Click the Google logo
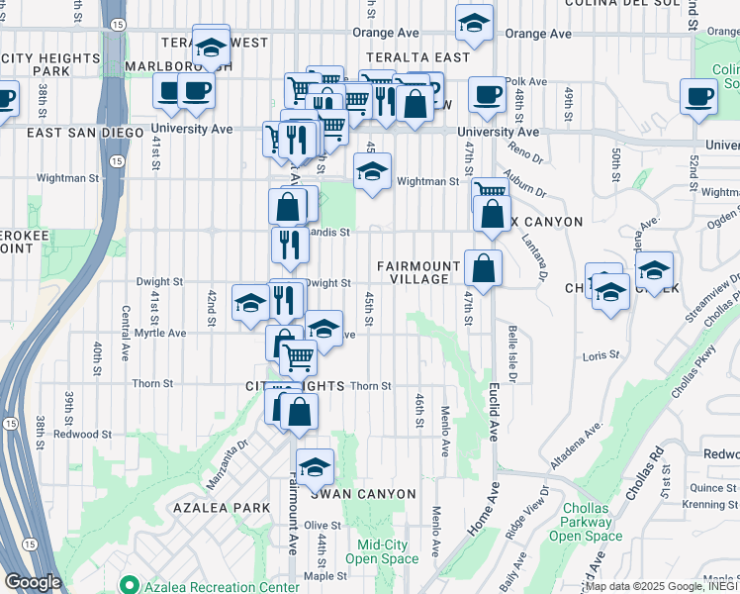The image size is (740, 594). coord(32,582)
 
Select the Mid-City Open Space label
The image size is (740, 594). coord(388,551)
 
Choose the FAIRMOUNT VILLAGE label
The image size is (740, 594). coord(419,272)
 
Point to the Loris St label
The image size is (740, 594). coord(601,354)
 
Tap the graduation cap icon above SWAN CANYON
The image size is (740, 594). coord(315,465)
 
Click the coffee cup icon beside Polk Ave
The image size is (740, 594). coord(487,95)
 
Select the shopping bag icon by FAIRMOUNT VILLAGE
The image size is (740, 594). coord(483,268)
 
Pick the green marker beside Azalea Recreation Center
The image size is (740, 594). coord(127,586)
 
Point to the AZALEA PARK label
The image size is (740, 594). coord(222,508)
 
